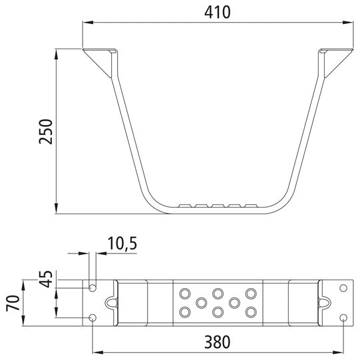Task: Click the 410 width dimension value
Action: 217,13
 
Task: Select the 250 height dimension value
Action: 46,132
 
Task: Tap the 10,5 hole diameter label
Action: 122,244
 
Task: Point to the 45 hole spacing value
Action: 46,279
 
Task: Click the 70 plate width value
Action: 13,303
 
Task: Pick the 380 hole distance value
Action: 217,342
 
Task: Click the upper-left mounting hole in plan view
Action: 92,288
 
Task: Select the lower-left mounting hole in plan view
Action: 92,318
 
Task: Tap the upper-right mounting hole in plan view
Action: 343,288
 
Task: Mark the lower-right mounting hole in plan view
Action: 343,318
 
